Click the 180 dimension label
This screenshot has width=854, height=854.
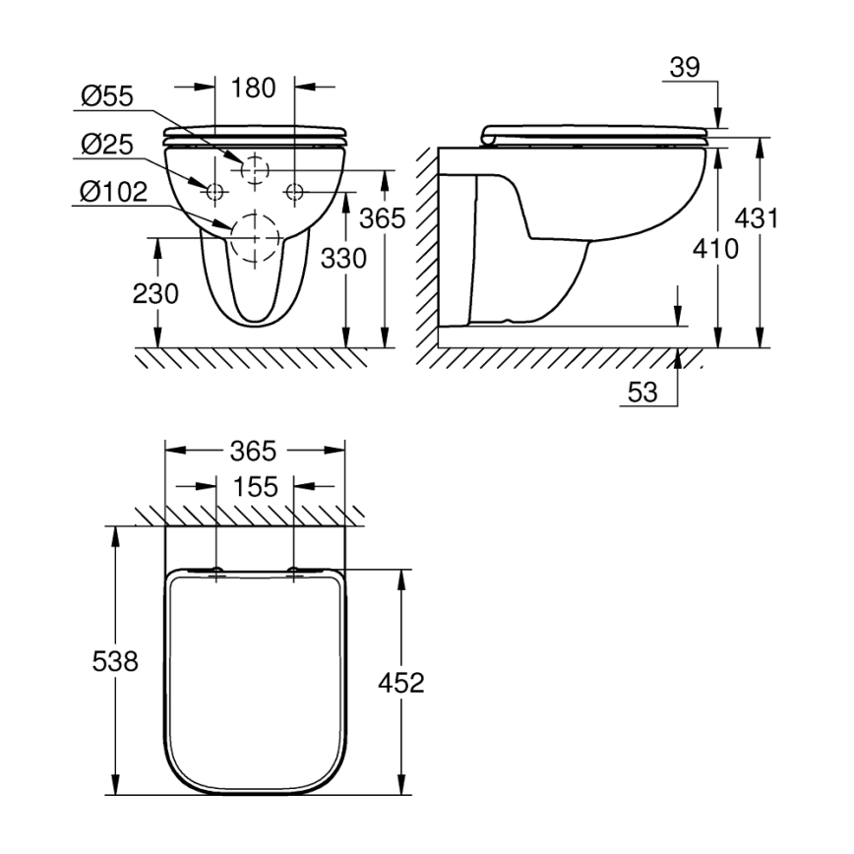[x=254, y=87]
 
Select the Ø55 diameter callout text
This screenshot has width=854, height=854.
[x=108, y=96]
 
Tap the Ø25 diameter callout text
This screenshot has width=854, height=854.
[x=108, y=144]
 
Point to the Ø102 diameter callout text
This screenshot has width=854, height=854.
[x=114, y=192]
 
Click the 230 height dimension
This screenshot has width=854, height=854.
[x=154, y=293]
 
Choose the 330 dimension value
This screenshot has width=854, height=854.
[x=344, y=259]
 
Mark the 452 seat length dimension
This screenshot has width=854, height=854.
[x=401, y=682]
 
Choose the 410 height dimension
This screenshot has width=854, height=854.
[x=716, y=250]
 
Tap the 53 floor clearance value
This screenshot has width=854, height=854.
[x=642, y=392]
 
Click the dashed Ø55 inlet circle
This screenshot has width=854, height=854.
[x=254, y=169]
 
